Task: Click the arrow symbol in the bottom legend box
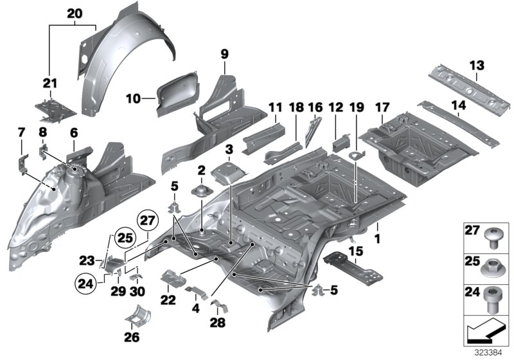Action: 485,333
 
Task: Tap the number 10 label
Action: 132,98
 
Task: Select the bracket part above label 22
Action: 172,279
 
